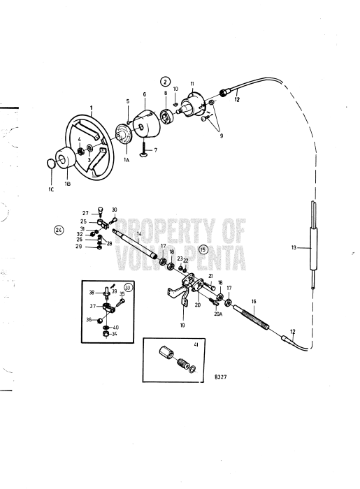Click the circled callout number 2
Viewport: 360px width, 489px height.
pyautogui.click(x=165, y=82)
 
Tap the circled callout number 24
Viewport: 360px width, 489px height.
pyautogui.click(x=59, y=230)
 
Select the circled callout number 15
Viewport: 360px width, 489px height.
pyautogui.click(x=203, y=249)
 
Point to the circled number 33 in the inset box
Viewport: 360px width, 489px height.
pyautogui.click(x=128, y=287)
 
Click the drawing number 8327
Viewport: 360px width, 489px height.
pyautogui.click(x=221, y=377)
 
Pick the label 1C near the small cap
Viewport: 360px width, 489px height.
pyautogui.click(x=51, y=189)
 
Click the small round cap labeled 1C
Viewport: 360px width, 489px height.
pyautogui.click(x=50, y=163)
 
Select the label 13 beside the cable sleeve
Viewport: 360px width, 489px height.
pyautogui.click(x=294, y=247)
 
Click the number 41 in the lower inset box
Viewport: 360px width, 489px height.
pyautogui.click(x=196, y=344)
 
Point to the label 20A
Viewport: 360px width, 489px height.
pyautogui.click(x=218, y=314)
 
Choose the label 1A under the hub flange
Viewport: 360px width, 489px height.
pyautogui.click(x=127, y=160)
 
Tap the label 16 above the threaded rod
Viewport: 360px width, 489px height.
pyautogui.click(x=254, y=301)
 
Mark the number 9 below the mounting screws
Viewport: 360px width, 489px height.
pyautogui.click(x=222, y=136)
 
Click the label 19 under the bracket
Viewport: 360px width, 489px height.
pyautogui.click(x=182, y=326)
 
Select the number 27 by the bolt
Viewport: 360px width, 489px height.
pyautogui.click(x=85, y=213)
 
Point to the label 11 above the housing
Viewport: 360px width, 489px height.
pyautogui.click(x=192, y=84)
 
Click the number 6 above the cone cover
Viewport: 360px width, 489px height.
pyautogui.click(x=145, y=94)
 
